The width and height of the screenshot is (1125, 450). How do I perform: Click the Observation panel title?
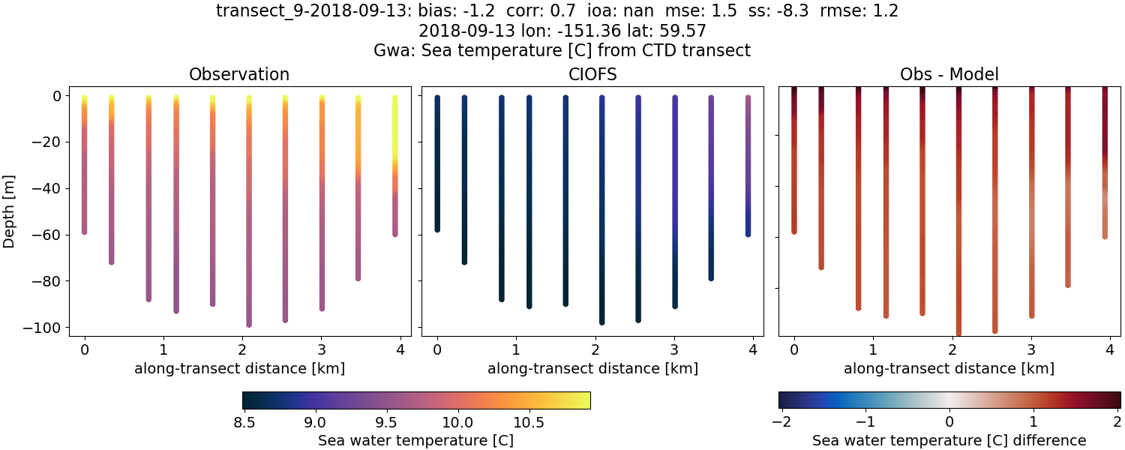(239, 74)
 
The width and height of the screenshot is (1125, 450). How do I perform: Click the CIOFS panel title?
(592, 74)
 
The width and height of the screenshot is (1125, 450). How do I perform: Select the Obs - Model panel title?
(949, 74)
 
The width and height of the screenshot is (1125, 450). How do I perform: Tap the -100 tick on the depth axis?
(46, 328)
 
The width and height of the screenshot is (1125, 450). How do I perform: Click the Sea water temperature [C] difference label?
(949, 440)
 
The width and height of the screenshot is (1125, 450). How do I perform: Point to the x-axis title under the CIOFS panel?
(592, 368)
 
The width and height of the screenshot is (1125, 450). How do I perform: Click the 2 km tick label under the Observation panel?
(242, 349)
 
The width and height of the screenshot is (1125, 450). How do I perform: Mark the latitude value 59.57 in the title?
(682, 31)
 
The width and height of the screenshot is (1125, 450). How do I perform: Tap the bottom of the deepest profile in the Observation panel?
(249, 324)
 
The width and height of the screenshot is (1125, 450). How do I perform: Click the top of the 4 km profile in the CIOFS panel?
(748, 97)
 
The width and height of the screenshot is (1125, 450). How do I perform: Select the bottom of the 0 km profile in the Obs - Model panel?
(794, 231)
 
